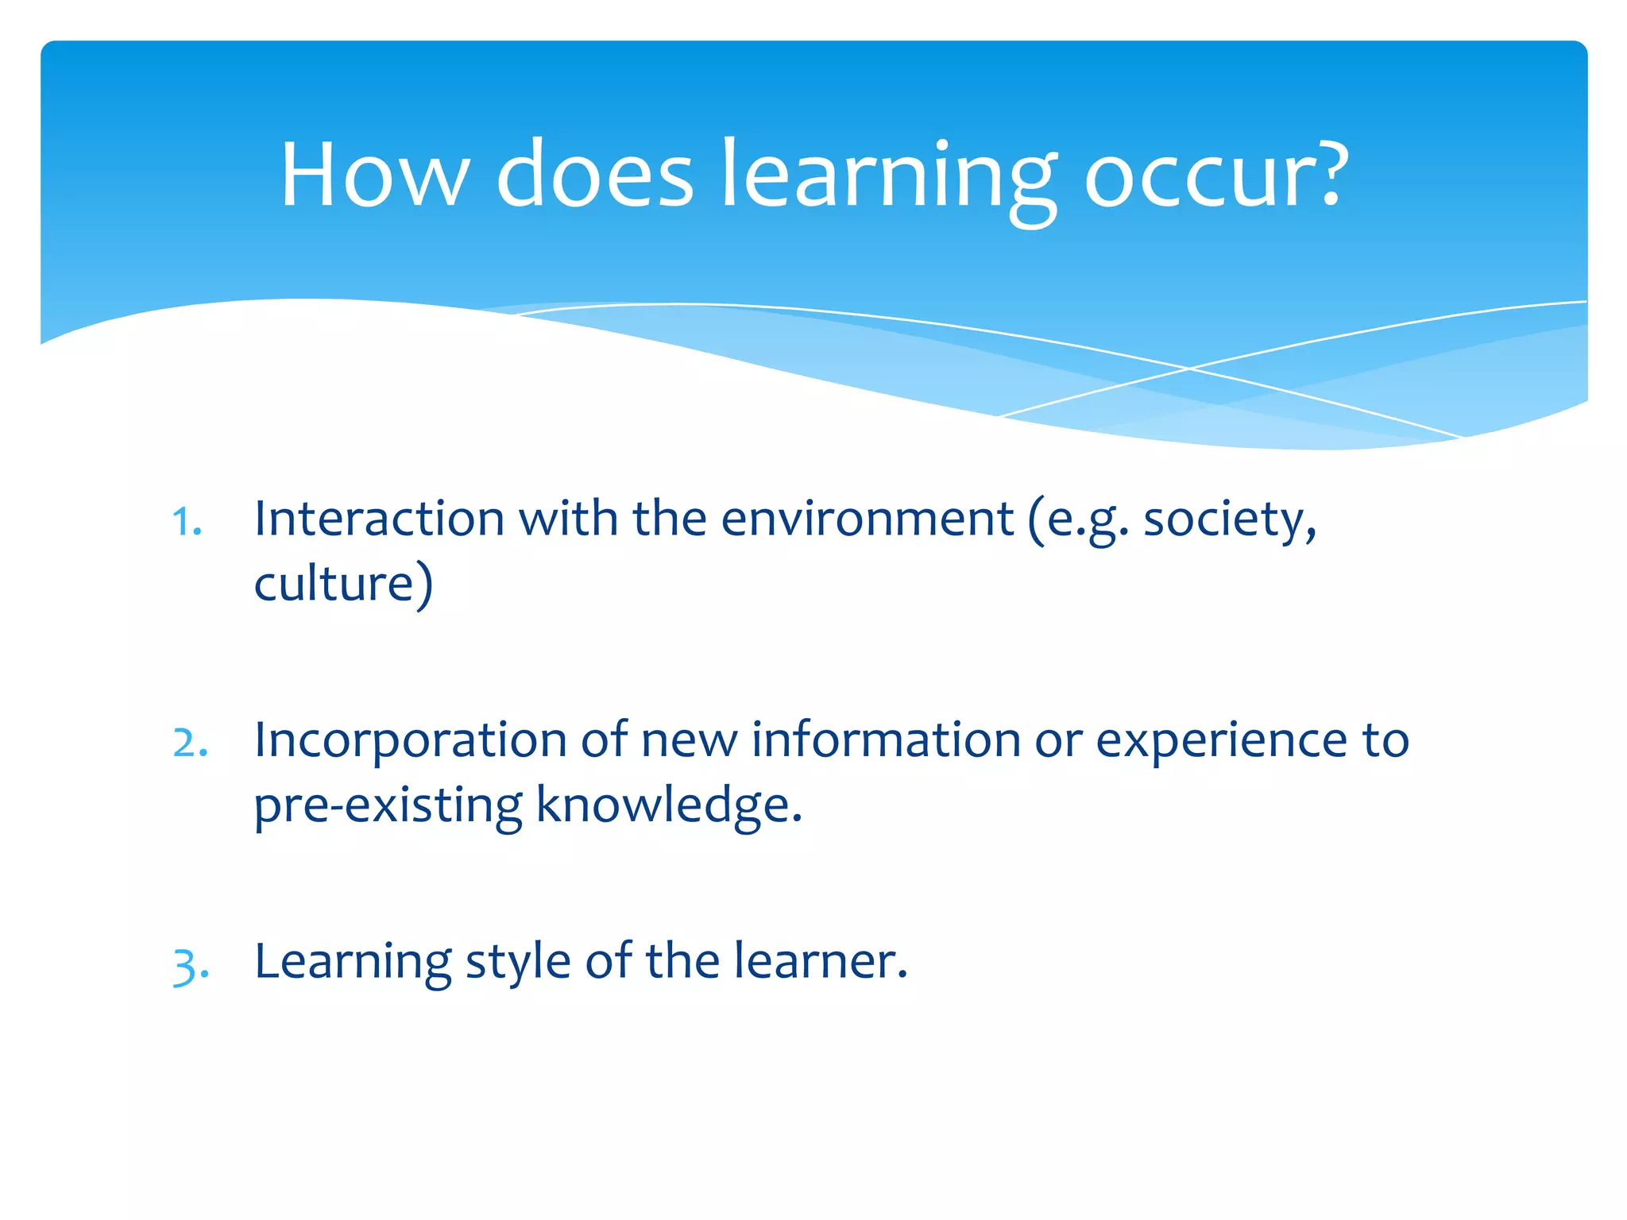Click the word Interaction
click(379, 519)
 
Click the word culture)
click(343, 584)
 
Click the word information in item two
click(886, 740)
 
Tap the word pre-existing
click(388, 805)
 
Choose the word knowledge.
click(669, 805)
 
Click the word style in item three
click(517, 963)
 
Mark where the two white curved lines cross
click(1189, 369)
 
